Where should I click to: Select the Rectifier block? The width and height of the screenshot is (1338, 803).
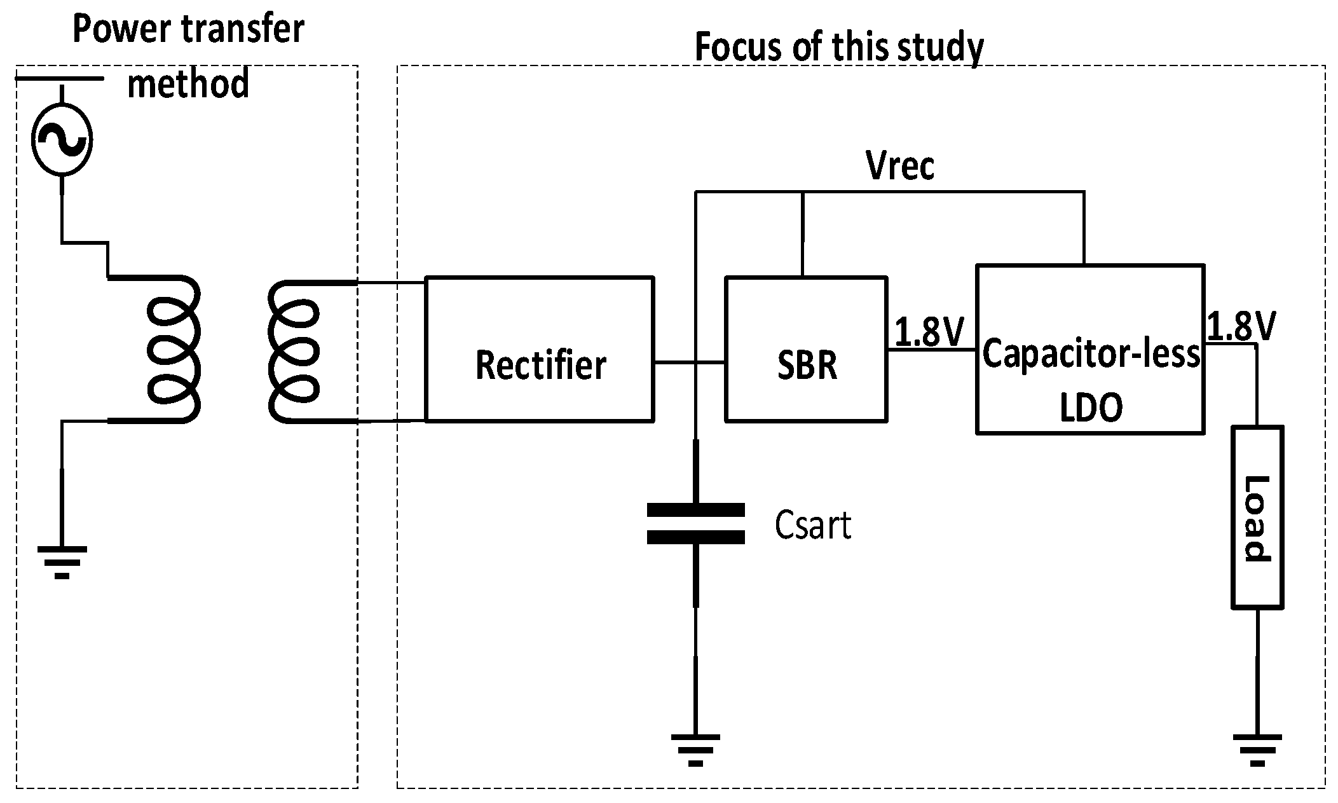click(539, 349)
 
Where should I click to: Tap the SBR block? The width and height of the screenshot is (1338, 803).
click(806, 349)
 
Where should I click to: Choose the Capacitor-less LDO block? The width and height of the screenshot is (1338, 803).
click(1089, 349)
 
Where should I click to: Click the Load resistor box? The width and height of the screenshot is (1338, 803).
click(1257, 518)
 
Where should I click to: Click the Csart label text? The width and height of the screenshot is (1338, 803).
click(812, 526)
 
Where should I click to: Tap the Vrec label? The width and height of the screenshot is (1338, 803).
click(900, 167)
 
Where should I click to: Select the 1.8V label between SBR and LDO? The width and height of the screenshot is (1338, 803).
click(930, 331)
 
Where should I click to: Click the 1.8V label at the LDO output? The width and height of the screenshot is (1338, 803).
click(1241, 327)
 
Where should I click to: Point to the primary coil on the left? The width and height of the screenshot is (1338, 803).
click(173, 349)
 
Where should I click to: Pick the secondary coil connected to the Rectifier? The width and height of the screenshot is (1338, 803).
click(294, 352)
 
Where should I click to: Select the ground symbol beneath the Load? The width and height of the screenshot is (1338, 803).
click(1257, 749)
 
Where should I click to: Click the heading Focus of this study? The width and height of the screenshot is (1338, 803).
click(838, 47)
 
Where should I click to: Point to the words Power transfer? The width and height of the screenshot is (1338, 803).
click(189, 29)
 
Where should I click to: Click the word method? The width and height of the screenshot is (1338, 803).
click(188, 84)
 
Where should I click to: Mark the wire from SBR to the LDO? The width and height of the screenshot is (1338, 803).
click(931, 350)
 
